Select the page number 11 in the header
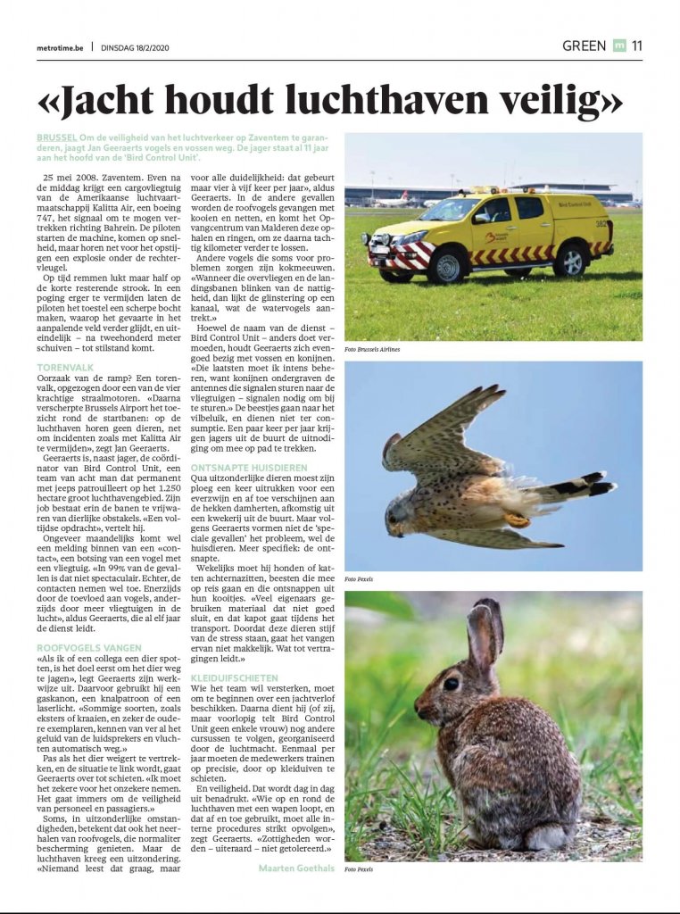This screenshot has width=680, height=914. pos(636,46)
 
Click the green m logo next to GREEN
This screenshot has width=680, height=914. pos(619,46)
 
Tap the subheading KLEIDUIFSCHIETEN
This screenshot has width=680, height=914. pos(235,678)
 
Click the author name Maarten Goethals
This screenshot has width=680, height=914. pos(294,867)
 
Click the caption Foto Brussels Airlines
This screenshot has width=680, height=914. pos(373,349)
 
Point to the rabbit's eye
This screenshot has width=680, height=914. pos(451,683)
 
